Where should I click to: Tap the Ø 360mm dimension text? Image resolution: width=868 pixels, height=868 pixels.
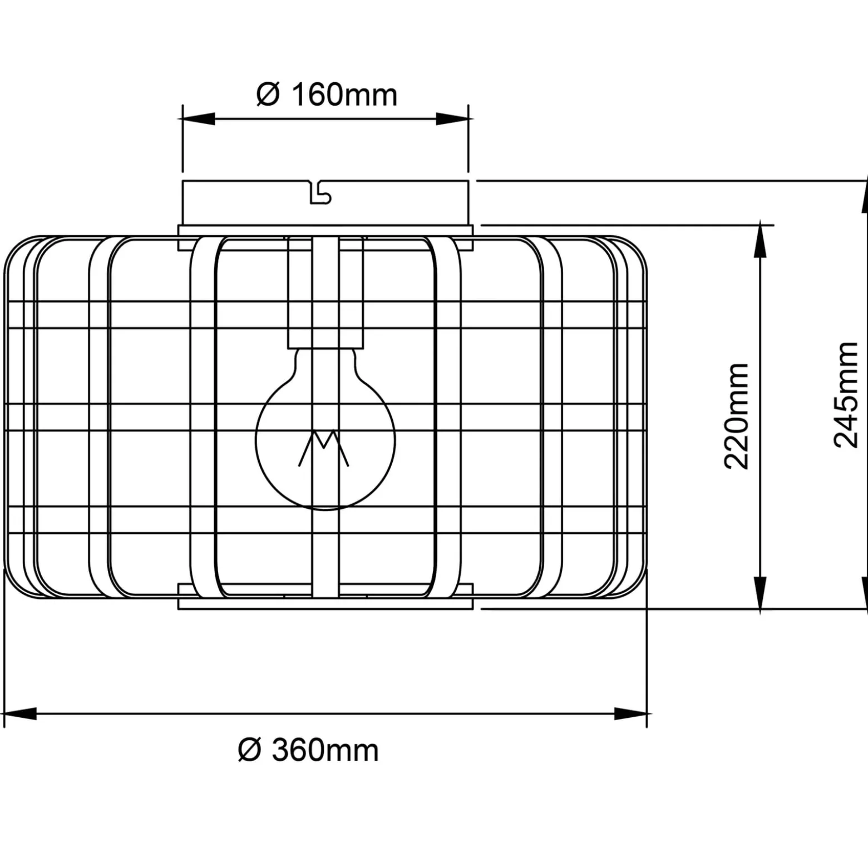click(x=308, y=750)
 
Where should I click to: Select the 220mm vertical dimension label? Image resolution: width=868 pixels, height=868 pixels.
click(x=737, y=416)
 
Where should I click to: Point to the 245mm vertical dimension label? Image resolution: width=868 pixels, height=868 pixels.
click(x=846, y=395)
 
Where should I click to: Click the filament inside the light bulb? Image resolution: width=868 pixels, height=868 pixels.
click(x=324, y=448)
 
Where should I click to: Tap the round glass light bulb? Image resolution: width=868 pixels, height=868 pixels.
click(x=325, y=429)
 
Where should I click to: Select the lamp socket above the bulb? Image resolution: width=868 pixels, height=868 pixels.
click(x=325, y=292)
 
